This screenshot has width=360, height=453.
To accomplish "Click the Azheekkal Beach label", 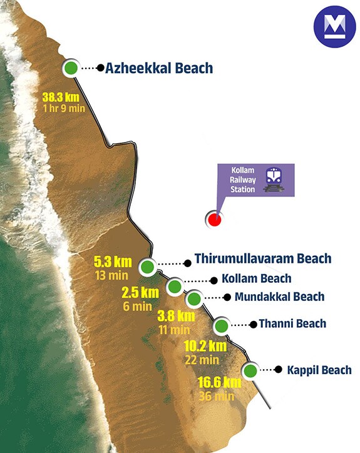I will pos(159,68).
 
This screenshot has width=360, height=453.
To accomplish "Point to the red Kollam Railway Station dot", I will pos(215,219).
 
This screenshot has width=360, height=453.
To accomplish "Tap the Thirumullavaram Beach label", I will pos(262,258).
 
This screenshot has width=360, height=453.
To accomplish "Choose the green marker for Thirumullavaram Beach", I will pos(147,267).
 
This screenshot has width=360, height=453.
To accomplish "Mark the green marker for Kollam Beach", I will pos(175,287).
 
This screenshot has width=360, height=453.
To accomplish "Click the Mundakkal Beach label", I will pos(279,297).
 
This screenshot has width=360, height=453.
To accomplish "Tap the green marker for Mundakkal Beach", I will pos(194,298).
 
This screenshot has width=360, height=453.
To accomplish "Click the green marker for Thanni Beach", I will pos(221,326).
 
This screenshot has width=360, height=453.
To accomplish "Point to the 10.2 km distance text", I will pos(205,346).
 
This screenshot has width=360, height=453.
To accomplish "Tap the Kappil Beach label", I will pos(319,370).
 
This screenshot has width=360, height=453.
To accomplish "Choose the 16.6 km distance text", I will pos(220,382).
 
